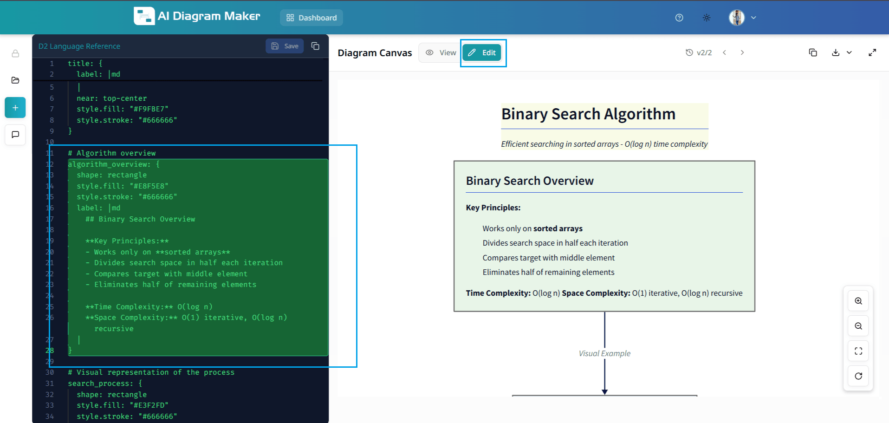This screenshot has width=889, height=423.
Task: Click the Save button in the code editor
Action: click(x=285, y=46)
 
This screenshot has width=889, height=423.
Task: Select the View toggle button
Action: click(x=441, y=53)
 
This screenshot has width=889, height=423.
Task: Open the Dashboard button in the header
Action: click(x=311, y=18)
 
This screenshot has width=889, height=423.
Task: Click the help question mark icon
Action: click(x=679, y=18)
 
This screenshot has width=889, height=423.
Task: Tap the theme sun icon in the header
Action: click(x=707, y=18)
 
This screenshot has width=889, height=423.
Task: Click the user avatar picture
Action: click(x=737, y=18)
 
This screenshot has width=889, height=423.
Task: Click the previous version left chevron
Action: click(x=724, y=52)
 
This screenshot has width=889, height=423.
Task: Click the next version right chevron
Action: click(x=742, y=52)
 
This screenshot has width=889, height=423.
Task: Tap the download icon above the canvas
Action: click(x=836, y=52)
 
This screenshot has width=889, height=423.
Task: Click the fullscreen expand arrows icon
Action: click(x=872, y=52)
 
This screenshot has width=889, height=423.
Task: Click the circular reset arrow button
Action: click(x=858, y=376)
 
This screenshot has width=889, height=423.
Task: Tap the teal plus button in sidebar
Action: click(x=15, y=108)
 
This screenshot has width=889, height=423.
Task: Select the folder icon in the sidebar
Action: click(x=15, y=80)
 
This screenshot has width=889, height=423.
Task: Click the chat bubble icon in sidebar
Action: click(x=15, y=135)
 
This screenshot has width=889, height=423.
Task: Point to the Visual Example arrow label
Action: click(x=604, y=353)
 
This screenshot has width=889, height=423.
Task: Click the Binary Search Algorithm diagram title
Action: click(x=588, y=114)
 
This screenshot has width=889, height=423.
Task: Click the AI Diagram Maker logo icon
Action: click(x=144, y=16)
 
